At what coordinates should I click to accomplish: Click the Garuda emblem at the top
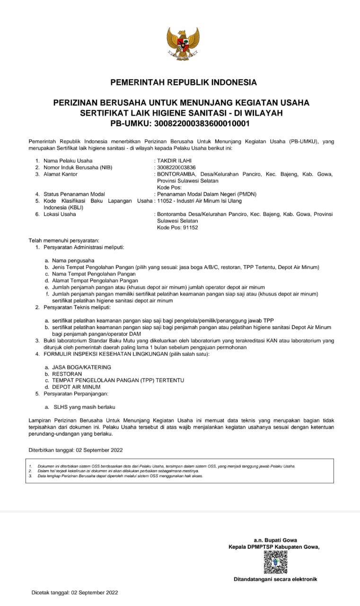tap(183, 44)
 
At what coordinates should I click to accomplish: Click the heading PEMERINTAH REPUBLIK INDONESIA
tap(184, 82)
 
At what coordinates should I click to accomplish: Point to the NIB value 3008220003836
tap(176, 168)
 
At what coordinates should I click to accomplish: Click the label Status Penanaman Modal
tap(74, 194)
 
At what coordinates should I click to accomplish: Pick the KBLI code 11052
tap(165, 201)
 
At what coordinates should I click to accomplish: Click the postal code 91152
tap(190, 227)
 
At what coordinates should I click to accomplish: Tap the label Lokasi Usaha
tap(60, 214)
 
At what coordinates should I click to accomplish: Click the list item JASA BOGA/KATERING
tap(82, 367)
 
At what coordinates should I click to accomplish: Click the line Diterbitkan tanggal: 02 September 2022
tap(76, 450)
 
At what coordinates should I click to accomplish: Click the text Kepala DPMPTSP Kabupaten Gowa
tap(273, 547)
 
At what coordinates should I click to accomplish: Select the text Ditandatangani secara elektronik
tap(275, 579)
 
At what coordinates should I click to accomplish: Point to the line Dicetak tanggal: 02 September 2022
tap(75, 592)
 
